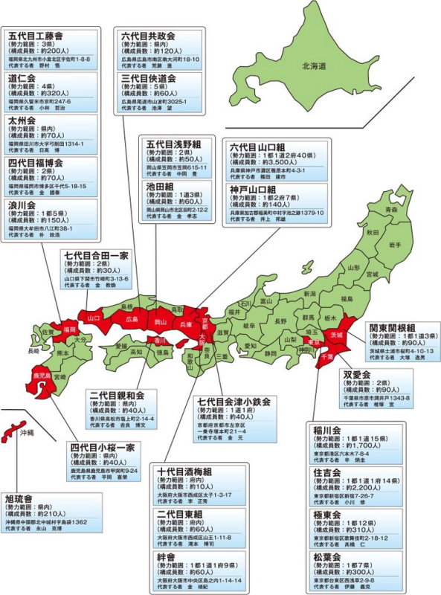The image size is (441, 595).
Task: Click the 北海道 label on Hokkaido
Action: pyautogui.click(x=313, y=66)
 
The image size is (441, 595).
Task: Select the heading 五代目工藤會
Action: pyautogui.click(x=36, y=35)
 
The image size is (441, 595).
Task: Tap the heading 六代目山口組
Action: pyautogui.click(x=263, y=148)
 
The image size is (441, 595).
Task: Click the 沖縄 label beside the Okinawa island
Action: pyautogui.click(x=28, y=431)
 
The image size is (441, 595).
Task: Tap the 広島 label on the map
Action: pyautogui.click(x=132, y=319)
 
